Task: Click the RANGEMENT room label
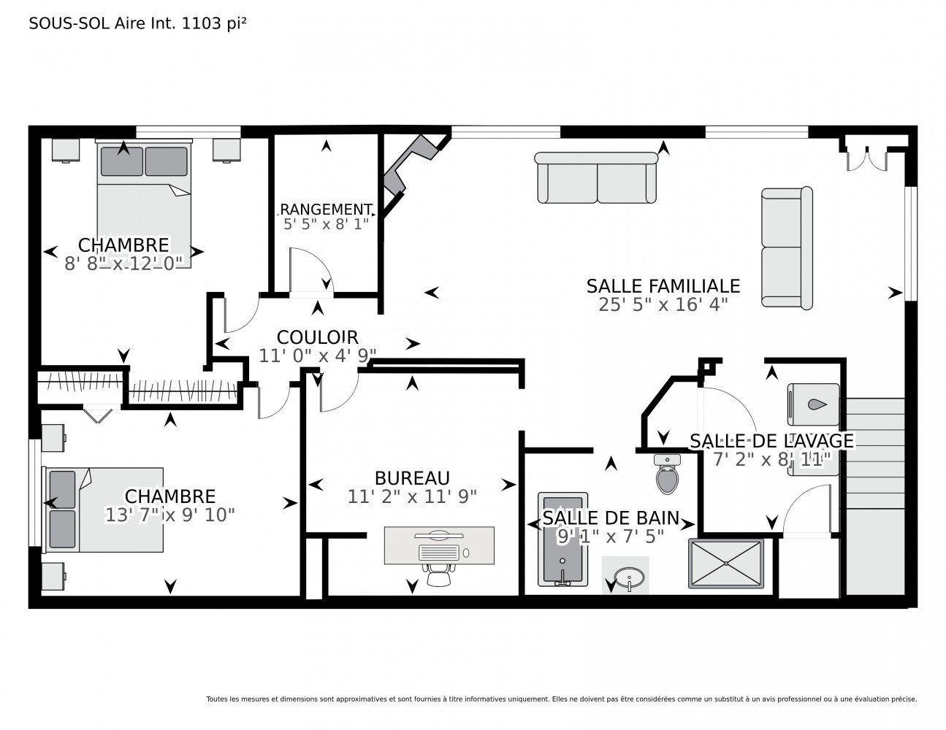click(326, 210)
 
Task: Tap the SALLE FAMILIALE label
click(663, 286)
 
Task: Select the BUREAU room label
click(412, 478)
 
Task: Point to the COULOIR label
click(317, 337)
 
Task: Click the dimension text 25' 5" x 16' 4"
click(663, 304)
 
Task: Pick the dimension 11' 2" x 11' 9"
click(412, 496)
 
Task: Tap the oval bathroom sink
click(629, 577)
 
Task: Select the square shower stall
click(725, 564)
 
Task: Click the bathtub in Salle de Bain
click(562, 539)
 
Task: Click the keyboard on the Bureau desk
click(438, 553)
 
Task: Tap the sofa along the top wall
click(596, 177)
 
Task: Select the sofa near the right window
click(787, 248)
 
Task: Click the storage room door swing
click(311, 269)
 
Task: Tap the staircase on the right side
click(875, 496)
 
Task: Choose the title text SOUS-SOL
click(69, 23)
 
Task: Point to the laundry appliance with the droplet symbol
click(813, 404)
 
